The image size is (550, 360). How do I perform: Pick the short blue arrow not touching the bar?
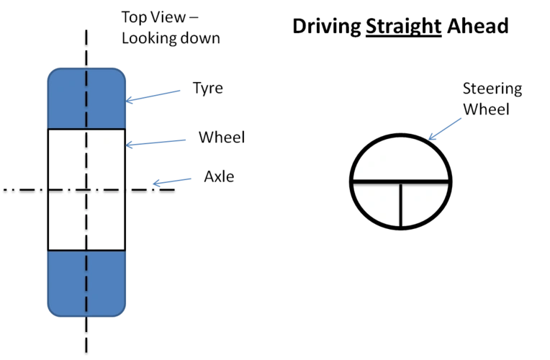(173, 181)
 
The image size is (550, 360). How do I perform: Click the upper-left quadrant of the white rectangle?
(67, 159)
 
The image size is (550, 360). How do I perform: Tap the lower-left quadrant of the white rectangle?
(67, 220)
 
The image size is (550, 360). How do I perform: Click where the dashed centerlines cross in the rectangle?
(86, 190)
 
